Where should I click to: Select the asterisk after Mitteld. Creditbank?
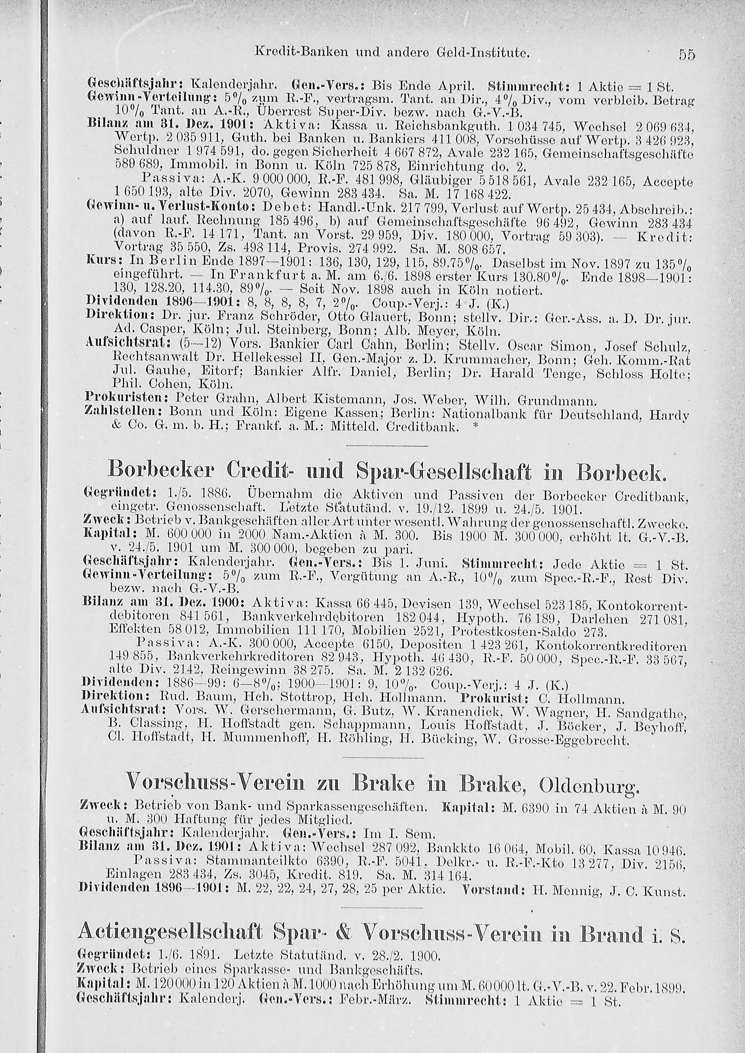click(476, 427)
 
